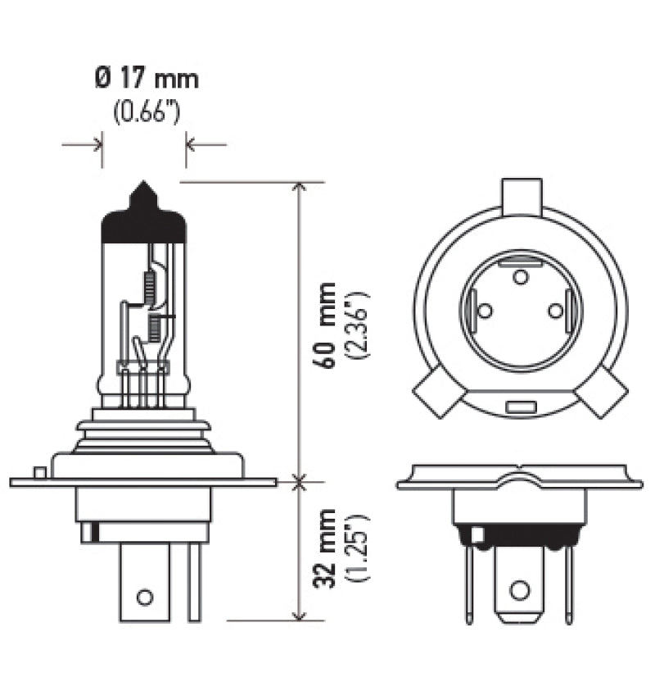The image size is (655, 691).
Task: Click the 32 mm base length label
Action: coord(327,551)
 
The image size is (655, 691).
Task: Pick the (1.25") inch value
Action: coord(358,551)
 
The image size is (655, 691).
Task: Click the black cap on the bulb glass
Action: coord(143,225)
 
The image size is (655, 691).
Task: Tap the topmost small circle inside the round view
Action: coord(520,276)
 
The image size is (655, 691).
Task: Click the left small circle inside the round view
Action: coord(484,311)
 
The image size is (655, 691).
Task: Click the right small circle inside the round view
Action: coord(556,311)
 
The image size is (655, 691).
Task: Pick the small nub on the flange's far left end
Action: coord(38,472)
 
